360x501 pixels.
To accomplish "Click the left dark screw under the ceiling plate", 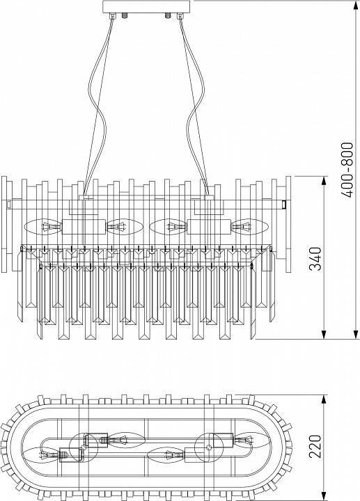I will tap(125, 15).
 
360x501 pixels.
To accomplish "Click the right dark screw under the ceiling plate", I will tap(166, 15).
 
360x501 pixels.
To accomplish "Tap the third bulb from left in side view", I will tap(168, 227).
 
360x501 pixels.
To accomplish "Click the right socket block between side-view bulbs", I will tap(208, 228).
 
